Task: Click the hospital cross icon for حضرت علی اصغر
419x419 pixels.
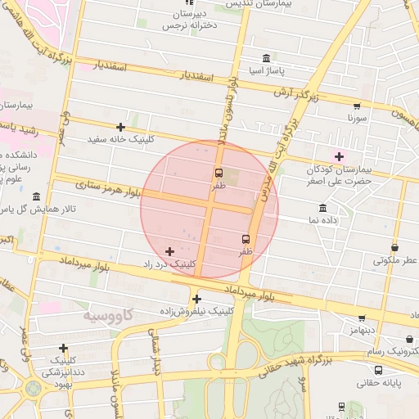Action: [340, 156]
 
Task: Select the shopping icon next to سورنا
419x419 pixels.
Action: [357, 106]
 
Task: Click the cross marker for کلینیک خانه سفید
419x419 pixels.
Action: [120, 127]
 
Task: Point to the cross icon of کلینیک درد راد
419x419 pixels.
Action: [169, 251]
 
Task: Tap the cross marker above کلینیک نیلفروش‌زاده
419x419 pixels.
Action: [196, 299]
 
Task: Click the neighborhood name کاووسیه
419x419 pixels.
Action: [108, 314]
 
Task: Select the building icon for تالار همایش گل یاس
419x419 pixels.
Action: [36, 196]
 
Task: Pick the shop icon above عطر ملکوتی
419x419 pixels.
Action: [395, 247]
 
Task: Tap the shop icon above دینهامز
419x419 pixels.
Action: [361, 318]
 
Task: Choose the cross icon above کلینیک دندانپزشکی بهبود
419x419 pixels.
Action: [64, 349]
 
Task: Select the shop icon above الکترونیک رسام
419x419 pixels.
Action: [409, 339]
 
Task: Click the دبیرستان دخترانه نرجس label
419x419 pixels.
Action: [191, 20]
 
